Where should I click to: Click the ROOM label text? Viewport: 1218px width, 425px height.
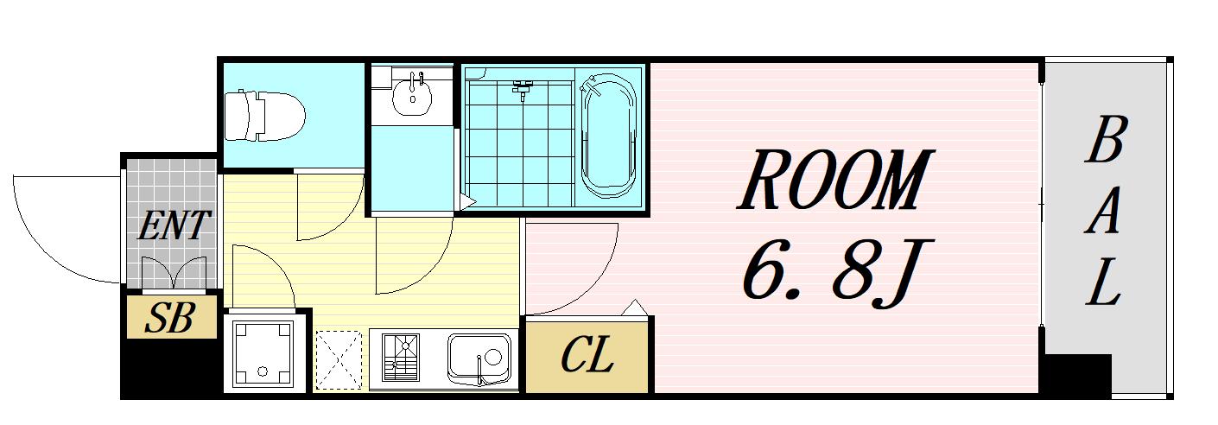(835, 181)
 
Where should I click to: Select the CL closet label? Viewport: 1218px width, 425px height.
(587, 355)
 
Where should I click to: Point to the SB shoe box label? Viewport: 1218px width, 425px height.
(169, 318)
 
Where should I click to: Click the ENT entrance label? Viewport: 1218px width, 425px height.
(173, 225)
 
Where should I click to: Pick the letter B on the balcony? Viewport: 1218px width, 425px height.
(1106, 140)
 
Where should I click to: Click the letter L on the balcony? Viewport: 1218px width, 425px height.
(1103, 282)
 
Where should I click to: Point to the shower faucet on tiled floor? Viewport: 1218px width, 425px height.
(523, 90)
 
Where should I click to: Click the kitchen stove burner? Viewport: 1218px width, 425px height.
(402, 357)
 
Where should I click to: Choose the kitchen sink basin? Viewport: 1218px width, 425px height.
(479, 358)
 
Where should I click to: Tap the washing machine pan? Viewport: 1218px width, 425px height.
(263, 354)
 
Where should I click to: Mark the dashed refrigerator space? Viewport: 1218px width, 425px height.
(339, 360)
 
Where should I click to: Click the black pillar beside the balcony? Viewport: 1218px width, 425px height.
(1075, 374)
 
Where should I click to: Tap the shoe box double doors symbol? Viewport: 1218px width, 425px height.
(174, 272)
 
